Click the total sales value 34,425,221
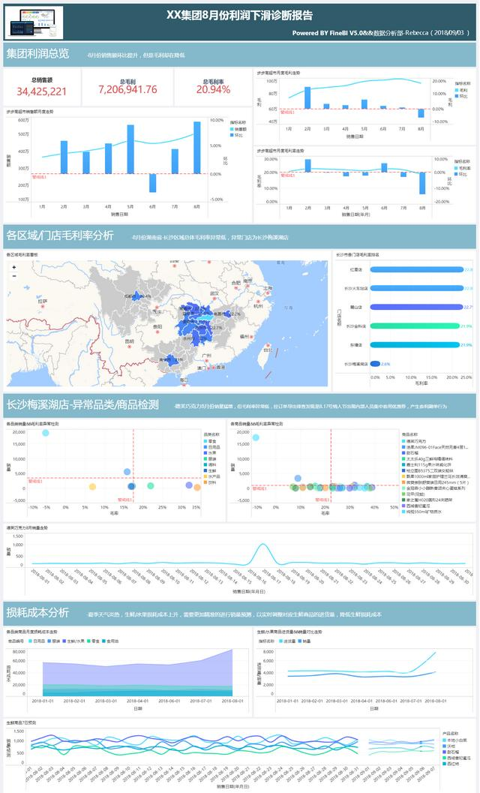click(42, 91)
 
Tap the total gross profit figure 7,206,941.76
click(127, 90)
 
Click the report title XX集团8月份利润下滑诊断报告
click(239, 15)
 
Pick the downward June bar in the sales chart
click(152, 183)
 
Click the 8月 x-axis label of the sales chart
click(196, 206)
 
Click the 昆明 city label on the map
click(129, 342)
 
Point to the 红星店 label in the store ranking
click(356, 269)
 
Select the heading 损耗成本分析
click(37, 611)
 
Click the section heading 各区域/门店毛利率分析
click(59, 235)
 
